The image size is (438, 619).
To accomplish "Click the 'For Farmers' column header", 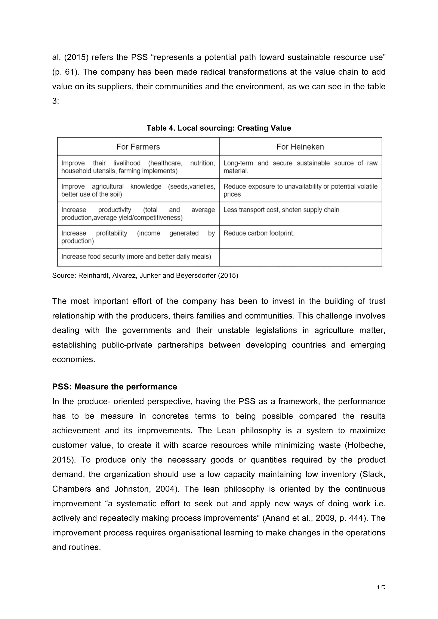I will [138, 147].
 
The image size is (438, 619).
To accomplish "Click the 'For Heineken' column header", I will [300, 147].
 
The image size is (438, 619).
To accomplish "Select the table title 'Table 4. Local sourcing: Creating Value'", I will [219, 128].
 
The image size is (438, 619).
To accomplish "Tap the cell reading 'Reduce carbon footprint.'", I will [259, 233].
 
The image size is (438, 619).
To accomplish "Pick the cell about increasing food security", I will [136, 256].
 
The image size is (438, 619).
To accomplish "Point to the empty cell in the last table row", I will [300, 258].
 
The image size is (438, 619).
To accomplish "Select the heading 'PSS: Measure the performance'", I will [115, 387].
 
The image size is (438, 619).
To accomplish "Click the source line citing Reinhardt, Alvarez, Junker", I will [145, 276].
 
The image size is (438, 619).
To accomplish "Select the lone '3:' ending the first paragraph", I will [56, 101].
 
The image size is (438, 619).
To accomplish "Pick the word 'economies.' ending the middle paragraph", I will [74, 359].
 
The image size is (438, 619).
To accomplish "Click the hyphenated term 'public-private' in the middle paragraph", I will [126, 345].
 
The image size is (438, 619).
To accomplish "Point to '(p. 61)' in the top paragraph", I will [65, 72].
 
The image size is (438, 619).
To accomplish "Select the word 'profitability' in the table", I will [111, 233].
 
